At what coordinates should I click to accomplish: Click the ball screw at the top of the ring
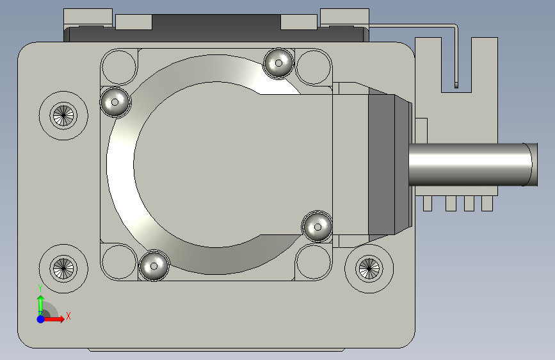point(278,63)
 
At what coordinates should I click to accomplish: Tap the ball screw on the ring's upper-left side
point(115,102)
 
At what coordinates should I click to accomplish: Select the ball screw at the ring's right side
point(318,227)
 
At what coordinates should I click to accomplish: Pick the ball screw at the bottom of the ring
point(154,266)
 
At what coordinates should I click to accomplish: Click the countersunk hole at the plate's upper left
point(63,115)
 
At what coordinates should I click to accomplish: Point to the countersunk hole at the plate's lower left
point(63,268)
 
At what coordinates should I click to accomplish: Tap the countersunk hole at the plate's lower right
point(369,268)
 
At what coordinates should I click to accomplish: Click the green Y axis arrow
point(41,306)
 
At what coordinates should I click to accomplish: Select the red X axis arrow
point(53,319)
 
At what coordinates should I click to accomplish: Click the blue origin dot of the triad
point(41,319)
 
